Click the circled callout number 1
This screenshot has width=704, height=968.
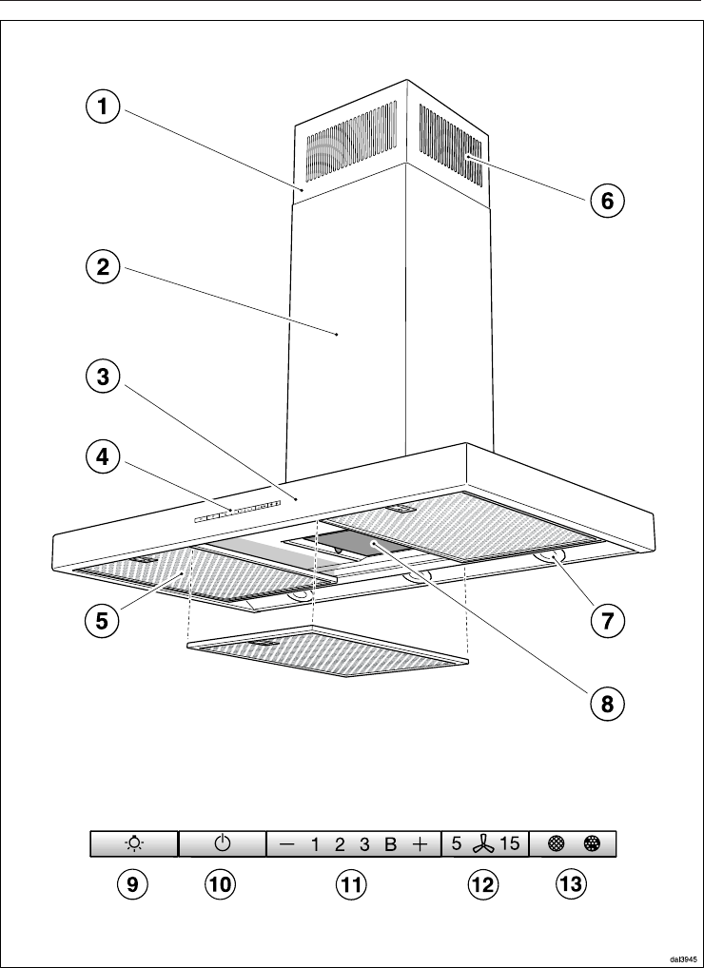(x=102, y=107)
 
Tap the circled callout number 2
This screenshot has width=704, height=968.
(x=102, y=268)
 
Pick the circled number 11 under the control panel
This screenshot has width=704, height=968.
(x=351, y=884)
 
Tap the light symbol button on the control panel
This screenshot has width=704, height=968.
(x=134, y=843)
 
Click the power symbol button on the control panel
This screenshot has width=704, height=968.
(x=223, y=843)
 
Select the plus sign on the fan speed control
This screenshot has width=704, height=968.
(x=420, y=844)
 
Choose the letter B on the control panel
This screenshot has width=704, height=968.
(x=390, y=844)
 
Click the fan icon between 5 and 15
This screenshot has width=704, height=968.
(x=483, y=844)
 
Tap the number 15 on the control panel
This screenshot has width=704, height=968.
(x=510, y=843)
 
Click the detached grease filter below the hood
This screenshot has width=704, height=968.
(x=327, y=651)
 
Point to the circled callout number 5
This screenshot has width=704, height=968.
(x=102, y=620)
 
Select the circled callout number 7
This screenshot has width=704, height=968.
(x=608, y=620)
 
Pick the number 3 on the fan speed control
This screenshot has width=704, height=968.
(x=364, y=844)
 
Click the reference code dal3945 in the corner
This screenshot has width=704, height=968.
(x=682, y=958)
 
